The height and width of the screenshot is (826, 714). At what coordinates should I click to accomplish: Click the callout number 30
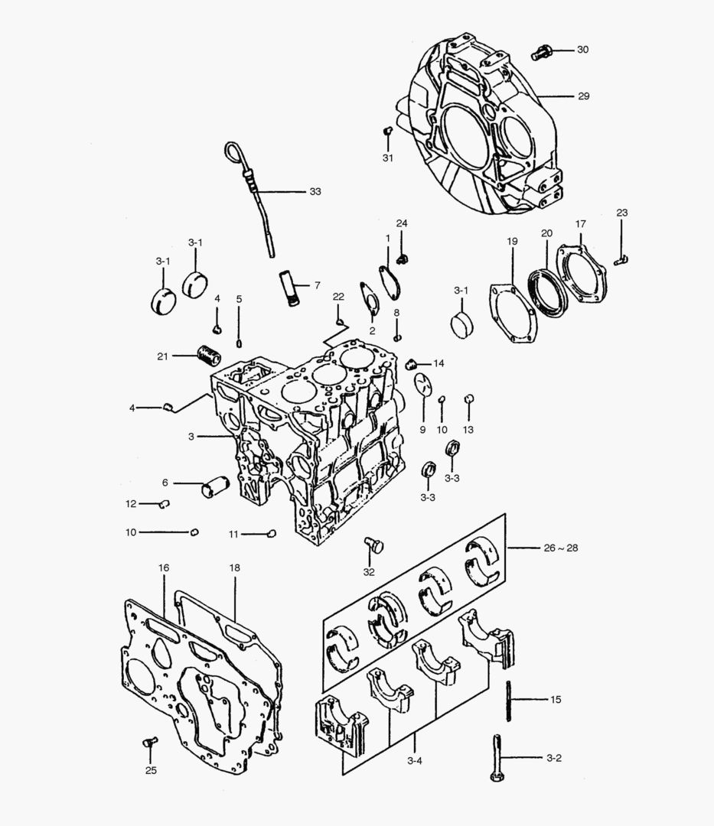[582, 50]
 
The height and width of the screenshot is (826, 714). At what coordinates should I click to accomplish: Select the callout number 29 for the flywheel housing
[583, 96]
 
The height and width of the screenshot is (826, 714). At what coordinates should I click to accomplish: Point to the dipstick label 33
[315, 191]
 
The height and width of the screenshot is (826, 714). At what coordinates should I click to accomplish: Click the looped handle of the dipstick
[233, 151]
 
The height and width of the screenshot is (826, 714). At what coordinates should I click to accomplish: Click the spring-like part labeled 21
[207, 356]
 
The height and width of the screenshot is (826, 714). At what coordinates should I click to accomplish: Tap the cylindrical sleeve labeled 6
[215, 486]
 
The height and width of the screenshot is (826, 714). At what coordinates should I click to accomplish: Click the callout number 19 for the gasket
[512, 242]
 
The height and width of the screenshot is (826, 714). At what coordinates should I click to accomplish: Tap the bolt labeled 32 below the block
[373, 545]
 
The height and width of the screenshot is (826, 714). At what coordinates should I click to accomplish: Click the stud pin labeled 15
[508, 700]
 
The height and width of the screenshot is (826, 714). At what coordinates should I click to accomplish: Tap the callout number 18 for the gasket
[235, 568]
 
